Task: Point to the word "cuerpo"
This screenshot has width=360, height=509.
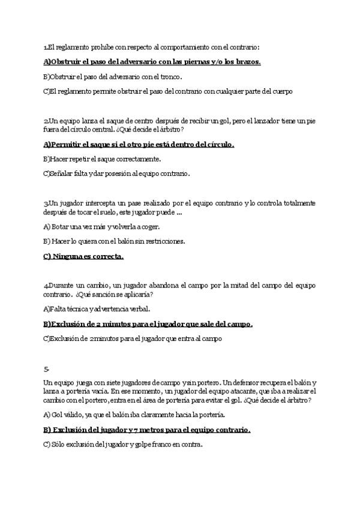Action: (x=281, y=91)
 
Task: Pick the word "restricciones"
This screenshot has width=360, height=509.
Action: (x=162, y=242)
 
